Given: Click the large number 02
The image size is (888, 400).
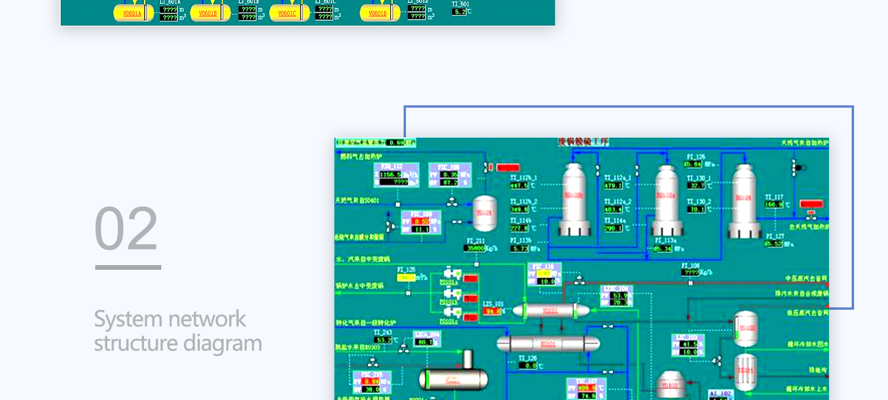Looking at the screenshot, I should [x=127, y=228].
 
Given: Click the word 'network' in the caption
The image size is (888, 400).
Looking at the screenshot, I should [x=208, y=319].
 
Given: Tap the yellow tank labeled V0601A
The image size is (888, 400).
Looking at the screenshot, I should [x=133, y=13].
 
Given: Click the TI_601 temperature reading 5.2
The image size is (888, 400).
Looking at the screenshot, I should [x=459, y=11].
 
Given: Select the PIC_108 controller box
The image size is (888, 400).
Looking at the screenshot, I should [x=450, y=175].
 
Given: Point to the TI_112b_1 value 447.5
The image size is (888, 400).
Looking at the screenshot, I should [x=518, y=185].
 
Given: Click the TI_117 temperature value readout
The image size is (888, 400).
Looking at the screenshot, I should [x=773, y=204].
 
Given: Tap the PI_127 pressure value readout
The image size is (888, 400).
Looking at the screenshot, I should [x=773, y=244].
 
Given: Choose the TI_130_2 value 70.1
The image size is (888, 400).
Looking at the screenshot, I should [x=696, y=209].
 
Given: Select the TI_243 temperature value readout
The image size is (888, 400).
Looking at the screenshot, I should [x=383, y=340].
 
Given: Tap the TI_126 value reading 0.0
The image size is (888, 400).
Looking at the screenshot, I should [x=527, y=366].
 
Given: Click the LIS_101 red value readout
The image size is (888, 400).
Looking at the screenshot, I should [x=492, y=311].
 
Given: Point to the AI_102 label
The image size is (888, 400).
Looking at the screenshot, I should [x=721, y=393].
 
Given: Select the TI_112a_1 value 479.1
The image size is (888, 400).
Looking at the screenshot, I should [x=613, y=185].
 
